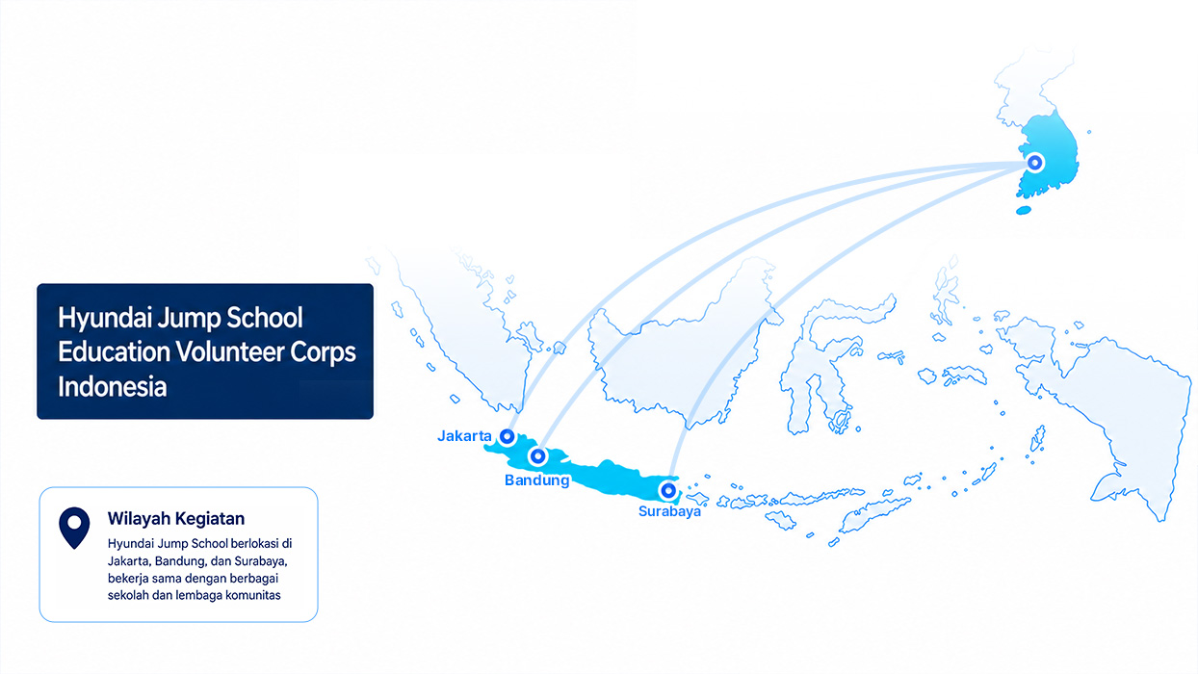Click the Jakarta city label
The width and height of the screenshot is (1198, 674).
[464, 436]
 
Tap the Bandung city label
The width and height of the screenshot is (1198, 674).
[537, 480]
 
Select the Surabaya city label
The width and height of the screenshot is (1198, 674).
[669, 511]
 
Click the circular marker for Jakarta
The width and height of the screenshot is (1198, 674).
[507, 437]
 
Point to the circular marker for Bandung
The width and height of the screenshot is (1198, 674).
[537, 456]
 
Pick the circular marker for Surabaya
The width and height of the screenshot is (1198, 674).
[667, 490]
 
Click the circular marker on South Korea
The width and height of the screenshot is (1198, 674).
[1035, 162]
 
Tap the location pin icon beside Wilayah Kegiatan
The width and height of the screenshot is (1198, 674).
[74, 528]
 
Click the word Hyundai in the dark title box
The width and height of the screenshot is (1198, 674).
[101, 319]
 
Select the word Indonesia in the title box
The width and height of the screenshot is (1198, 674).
[113, 386]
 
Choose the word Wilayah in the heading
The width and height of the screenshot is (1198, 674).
[139, 519]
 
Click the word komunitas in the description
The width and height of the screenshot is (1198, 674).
[253, 595]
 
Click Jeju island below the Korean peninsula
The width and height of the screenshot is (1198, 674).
[1023, 210]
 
